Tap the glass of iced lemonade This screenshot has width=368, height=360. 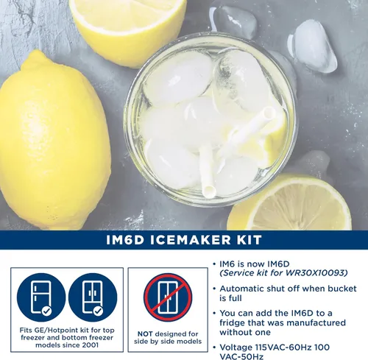210,120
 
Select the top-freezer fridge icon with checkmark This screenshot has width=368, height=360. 41,297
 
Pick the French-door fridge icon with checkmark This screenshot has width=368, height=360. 93,297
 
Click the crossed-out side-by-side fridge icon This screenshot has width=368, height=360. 168,297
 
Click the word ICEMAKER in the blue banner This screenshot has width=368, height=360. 190,240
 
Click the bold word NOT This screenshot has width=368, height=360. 145,334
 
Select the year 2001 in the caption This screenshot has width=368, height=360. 90,345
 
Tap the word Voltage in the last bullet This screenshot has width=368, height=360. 236,347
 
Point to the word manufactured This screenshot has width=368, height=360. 316,322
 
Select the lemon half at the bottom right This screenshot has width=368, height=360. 289,202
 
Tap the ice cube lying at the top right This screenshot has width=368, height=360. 313,46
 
